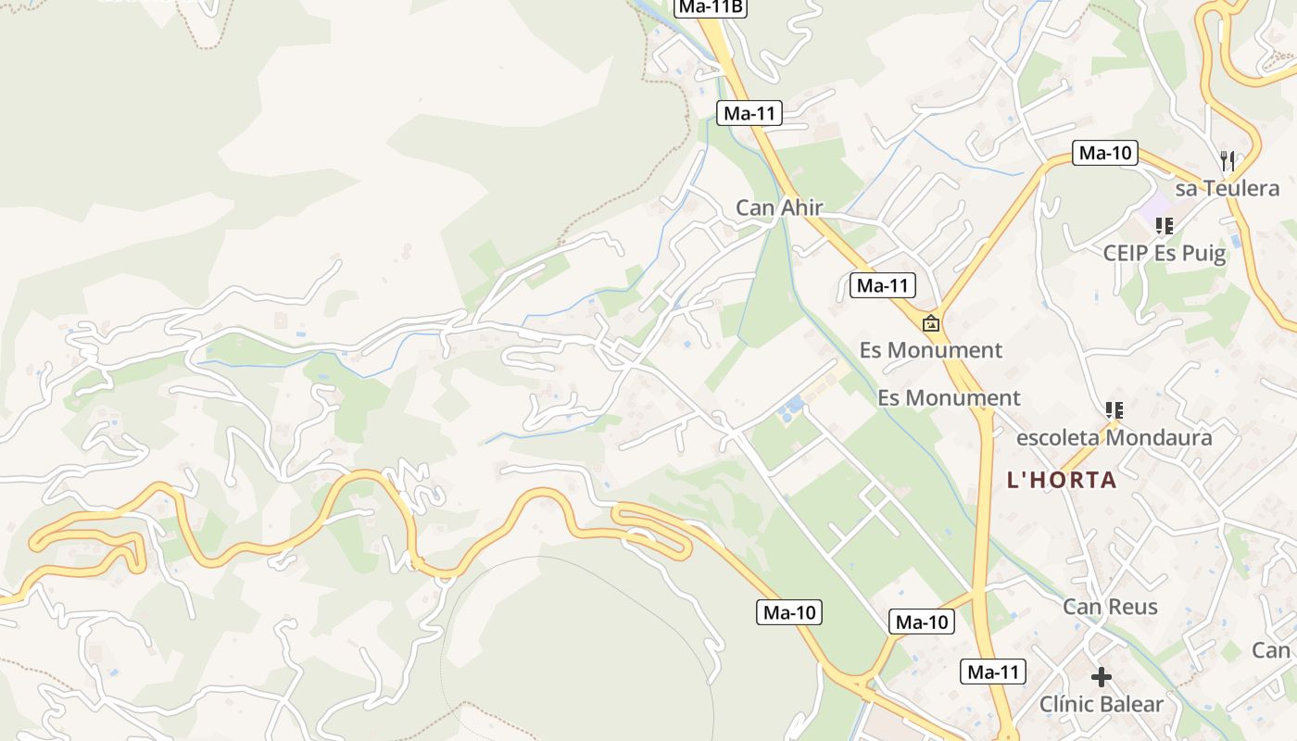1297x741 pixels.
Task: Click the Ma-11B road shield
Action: click(711, 7)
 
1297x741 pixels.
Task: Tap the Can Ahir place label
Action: click(779, 207)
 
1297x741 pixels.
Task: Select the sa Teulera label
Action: click(1227, 189)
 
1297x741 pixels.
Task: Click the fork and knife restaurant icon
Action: click(1228, 161)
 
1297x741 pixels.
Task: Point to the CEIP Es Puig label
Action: click(1164, 253)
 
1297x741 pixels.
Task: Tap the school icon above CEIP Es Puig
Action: click(1165, 225)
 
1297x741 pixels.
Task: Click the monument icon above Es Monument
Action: click(930, 323)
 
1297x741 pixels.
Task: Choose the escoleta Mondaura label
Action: click(1114, 437)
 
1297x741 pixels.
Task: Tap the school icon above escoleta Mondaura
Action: click(1114, 409)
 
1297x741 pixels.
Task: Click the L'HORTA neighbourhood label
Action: click(1062, 481)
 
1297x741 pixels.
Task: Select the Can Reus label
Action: click(1110, 607)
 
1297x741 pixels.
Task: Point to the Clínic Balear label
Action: click(1101, 704)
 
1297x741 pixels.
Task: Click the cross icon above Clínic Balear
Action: click(1101, 677)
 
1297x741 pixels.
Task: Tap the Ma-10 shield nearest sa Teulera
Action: click(1105, 154)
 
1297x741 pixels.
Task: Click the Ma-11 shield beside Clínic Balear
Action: click(993, 672)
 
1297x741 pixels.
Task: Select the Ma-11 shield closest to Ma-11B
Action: click(749, 114)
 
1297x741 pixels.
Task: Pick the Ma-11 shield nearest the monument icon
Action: click(883, 285)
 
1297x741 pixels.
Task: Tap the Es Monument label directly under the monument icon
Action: click(930, 350)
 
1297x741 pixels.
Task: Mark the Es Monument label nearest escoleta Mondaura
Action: click(949, 398)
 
